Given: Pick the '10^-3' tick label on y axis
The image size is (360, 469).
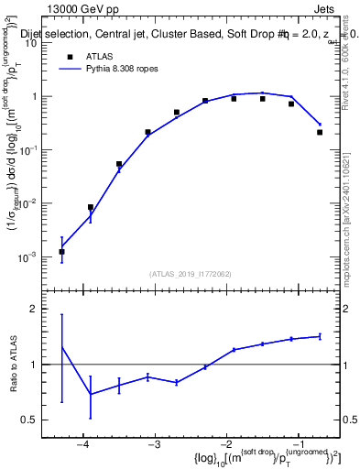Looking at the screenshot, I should pyautogui.click(x=36, y=257).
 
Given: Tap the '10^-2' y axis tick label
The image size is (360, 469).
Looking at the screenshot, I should pyautogui.click(x=36, y=203).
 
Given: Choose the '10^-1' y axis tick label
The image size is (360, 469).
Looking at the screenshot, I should pyautogui.click(x=36, y=150).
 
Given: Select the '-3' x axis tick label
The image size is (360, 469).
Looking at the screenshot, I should pyautogui.click(x=154, y=443).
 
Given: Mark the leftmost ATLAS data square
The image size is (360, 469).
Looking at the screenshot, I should pyautogui.click(x=61, y=251).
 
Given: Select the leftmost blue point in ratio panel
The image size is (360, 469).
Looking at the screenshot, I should pyautogui.click(x=61, y=346).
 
